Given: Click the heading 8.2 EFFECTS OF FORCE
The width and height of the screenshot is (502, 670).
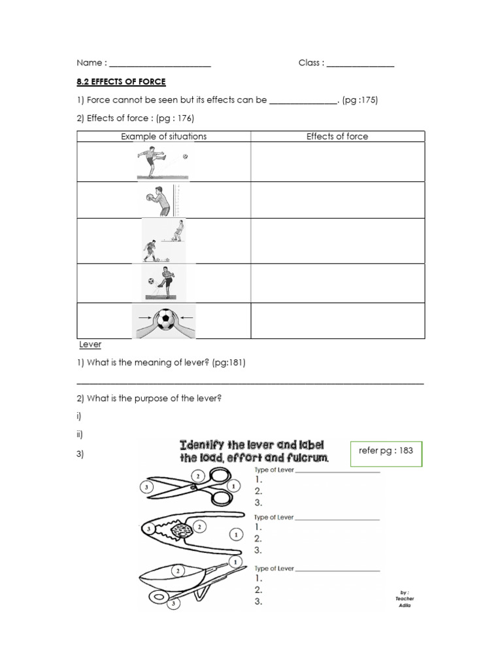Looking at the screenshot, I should pyautogui.click(x=121, y=82).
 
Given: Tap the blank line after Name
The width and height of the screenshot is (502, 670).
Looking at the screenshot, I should pyautogui.click(x=160, y=64).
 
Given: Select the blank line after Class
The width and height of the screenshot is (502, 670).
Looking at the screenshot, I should pyautogui.click(x=360, y=64).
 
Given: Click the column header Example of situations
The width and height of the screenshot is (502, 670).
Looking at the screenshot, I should pyautogui.click(x=163, y=136).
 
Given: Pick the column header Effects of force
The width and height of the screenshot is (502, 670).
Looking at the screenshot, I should pyautogui.click(x=337, y=136).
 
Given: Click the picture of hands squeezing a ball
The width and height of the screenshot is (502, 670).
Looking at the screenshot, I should pyautogui.click(x=164, y=321).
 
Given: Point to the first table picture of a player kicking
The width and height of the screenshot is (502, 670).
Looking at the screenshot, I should pyautogui.click(x=162, y=162).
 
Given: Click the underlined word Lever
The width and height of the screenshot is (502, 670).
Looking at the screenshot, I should pyautogui.click(x=90, y=344).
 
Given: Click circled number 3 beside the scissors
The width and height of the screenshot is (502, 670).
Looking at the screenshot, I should pyautogui.click(x=147, y=487).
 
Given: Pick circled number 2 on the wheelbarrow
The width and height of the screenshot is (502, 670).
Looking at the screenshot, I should pyautogui.click(x=177, y=571).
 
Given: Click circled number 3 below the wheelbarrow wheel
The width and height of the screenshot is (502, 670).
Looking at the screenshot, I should pyautogui.click(x=173, y=604).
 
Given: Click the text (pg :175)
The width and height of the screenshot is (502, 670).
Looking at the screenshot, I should pyautogui.click(x=360, y=100).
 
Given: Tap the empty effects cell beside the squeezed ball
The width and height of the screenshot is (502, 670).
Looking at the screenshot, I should pyautogui.click(x=337, y=321).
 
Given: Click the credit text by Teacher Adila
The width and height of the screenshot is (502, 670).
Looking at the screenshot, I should pyautogui.click(x=405, y=599).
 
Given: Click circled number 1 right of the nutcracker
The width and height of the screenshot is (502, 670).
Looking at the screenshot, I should pyautogui.click(x=235, y=535).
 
